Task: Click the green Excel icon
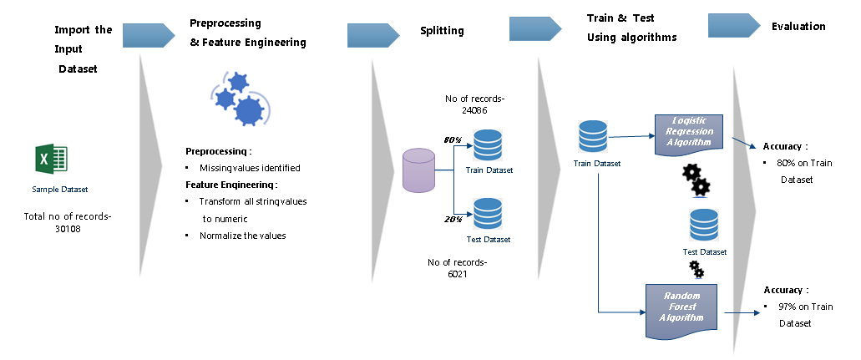51,159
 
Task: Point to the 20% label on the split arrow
452,218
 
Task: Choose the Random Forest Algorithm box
681,307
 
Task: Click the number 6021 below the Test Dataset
456,273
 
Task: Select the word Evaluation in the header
798,27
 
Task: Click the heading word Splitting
442,31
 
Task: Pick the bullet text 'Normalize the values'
242,236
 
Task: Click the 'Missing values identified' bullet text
250,168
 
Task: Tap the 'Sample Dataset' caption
59,190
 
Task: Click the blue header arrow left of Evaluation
733,26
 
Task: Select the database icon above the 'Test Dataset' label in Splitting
487,214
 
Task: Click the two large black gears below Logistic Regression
696,179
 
